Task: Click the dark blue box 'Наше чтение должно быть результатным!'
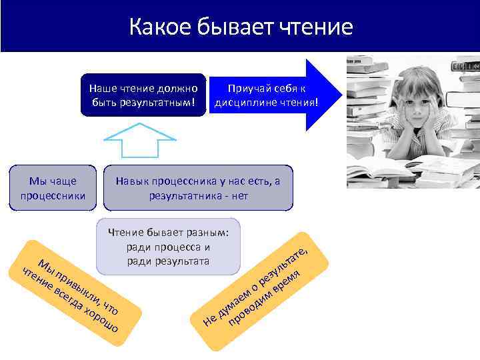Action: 143,95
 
